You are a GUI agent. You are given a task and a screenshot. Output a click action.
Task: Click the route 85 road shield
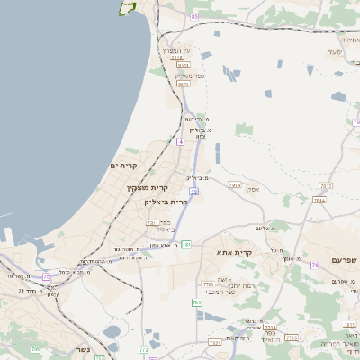coord(193,17)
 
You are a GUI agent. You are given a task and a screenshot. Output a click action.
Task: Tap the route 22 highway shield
coord(193,192)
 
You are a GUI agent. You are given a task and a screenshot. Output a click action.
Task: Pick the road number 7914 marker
coord(235,185)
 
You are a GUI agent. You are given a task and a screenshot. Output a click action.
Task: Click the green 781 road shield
coord(186,244)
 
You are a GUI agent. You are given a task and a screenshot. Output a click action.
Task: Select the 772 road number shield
coord(144,349)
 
